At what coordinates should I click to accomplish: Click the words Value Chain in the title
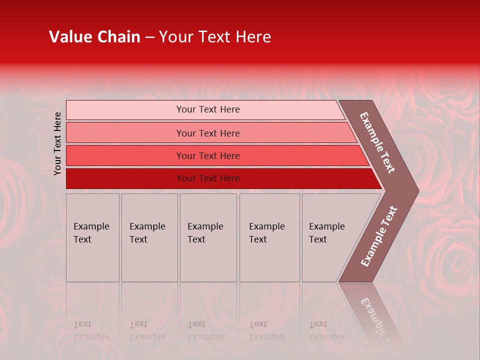tap(94, 37)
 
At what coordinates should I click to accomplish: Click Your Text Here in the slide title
tap(215, 37)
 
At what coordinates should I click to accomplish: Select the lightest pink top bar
tap(125, 110)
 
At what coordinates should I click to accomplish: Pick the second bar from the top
tap(125, 133)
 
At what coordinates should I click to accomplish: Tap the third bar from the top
tap(125, 155)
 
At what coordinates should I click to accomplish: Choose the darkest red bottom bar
tap(125, 178)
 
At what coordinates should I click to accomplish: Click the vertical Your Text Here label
tap(57, 143)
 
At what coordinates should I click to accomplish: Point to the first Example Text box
tap(92, 237)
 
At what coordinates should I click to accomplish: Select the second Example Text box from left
tap(149, 237)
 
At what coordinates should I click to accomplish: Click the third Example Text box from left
tap(208, 237)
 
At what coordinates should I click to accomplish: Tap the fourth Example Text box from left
tap(269, 237)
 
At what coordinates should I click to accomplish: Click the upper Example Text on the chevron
tap(377, 142)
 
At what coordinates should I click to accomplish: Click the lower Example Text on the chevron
tap(378, 236)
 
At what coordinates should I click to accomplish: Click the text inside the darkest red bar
tap(208, 178)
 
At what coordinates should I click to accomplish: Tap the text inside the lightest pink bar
tap(208, 109)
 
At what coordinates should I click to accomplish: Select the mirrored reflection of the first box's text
tap(91, 330)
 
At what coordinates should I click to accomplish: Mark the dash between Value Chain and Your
tap(149, 37)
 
